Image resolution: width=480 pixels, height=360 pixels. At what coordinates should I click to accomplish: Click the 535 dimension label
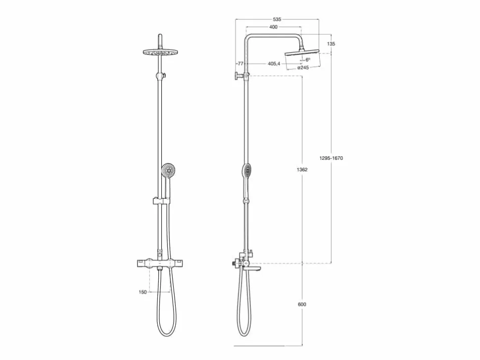tap(277, 19)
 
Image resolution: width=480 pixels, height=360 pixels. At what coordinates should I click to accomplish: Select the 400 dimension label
tap(273, 27)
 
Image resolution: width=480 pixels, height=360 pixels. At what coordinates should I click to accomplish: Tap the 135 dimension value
tap(331, 44)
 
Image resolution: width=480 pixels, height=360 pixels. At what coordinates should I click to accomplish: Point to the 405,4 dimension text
tap(274, 64)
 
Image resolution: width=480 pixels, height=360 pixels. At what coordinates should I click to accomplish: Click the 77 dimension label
tap(240, 64)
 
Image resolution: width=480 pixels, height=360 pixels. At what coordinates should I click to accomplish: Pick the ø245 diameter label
tap(303, 68)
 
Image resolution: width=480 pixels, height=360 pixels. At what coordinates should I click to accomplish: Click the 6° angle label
tap(308, 60)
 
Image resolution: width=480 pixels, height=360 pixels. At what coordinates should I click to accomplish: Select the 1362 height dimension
tap(302, 170)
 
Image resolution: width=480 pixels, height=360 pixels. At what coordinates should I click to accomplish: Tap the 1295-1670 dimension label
tap(331, 158)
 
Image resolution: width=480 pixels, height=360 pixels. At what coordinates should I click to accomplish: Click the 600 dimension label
tap(302, 304)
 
